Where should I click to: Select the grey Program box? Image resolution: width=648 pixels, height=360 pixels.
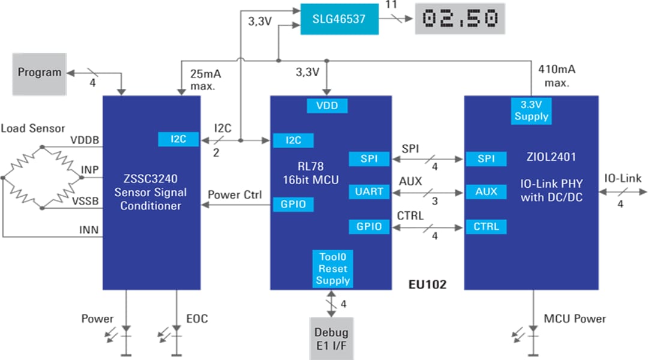(x=40, y=73)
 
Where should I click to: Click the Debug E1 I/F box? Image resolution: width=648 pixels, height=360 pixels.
(x=332, y=338)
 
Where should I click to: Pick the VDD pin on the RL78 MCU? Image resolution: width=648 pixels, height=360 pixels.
(x=327, y=106)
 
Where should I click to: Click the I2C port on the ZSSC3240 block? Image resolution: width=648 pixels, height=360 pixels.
(x=178, y=139)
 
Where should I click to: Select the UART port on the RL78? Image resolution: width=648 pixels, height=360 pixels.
(x=369, y=192)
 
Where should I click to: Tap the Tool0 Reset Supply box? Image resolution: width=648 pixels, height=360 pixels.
(x=332, y=269)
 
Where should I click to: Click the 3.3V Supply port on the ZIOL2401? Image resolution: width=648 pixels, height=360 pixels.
(x=531, y=110)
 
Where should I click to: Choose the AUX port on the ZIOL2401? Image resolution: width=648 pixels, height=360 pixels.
(x=486, y=192)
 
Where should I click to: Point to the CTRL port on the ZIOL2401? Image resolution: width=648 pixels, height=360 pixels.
(x=486, y=227)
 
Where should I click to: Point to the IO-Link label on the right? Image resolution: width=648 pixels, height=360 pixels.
(x=622, y=178)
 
